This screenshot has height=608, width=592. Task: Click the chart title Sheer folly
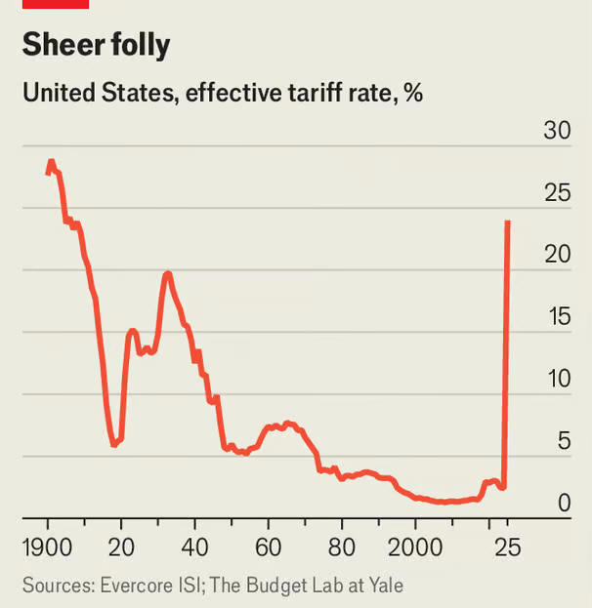[96, 45]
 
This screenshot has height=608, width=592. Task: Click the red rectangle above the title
[56, 4]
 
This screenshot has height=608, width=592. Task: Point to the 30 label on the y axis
[556, 132]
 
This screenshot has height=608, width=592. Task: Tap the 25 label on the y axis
[556, 193]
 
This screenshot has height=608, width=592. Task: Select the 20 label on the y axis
[556, 255]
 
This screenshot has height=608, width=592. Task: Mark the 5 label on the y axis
[563, 441]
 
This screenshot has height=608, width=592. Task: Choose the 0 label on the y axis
[563, 504]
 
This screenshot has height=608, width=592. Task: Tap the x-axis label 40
[194, 547]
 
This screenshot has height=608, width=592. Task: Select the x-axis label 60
[268, 547]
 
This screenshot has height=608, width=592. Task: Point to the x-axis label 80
[342, 547]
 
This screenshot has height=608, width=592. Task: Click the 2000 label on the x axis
[415, 547]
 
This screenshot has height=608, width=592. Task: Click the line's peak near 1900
[51, 161]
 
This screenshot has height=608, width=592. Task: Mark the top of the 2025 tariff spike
[508, 223]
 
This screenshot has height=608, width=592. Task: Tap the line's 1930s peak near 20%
[168, 273]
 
